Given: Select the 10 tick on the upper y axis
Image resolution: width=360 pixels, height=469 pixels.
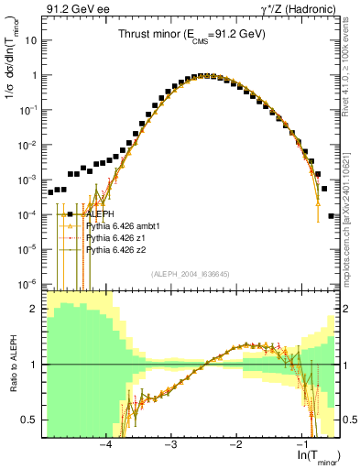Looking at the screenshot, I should tap(32, 41).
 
